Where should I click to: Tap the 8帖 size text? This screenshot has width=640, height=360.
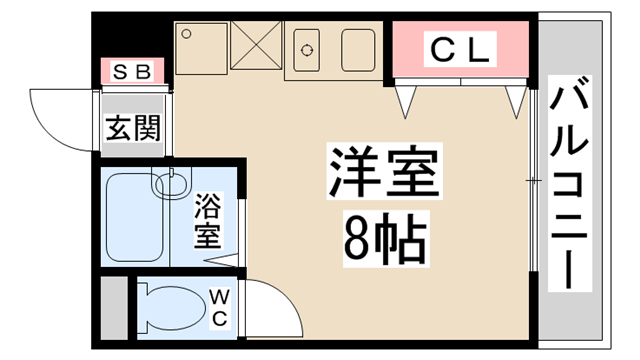point(385,237)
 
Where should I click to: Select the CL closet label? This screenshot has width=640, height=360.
point(459,47)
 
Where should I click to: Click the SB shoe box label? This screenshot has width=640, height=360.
point(131,71)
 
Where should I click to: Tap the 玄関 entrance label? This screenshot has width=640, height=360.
point(133,128)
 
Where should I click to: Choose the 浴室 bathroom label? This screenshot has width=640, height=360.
point(207,222)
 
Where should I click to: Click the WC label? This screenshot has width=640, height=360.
point(221,306)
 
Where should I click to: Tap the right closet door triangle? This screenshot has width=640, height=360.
point(515,98)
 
